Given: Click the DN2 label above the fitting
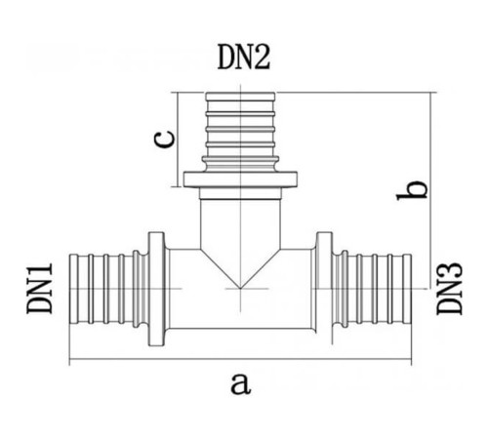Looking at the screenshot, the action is (x=244, y=58).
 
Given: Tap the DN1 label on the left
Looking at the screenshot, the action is (x=40, y=289).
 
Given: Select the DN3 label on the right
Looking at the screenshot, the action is (x=449, y=289).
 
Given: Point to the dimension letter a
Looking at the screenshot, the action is (x=241, y=383).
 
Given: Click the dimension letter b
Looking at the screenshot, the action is (x=412, y=189).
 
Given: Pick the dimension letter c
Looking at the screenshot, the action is (x=164, y=140).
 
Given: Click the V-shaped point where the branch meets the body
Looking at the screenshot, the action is (x=240, y=288).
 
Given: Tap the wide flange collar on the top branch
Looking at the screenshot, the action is (x=240, y=180).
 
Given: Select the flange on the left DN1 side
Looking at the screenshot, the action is (x=156, y=289).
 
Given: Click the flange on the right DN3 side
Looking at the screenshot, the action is (x=324, y=289).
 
